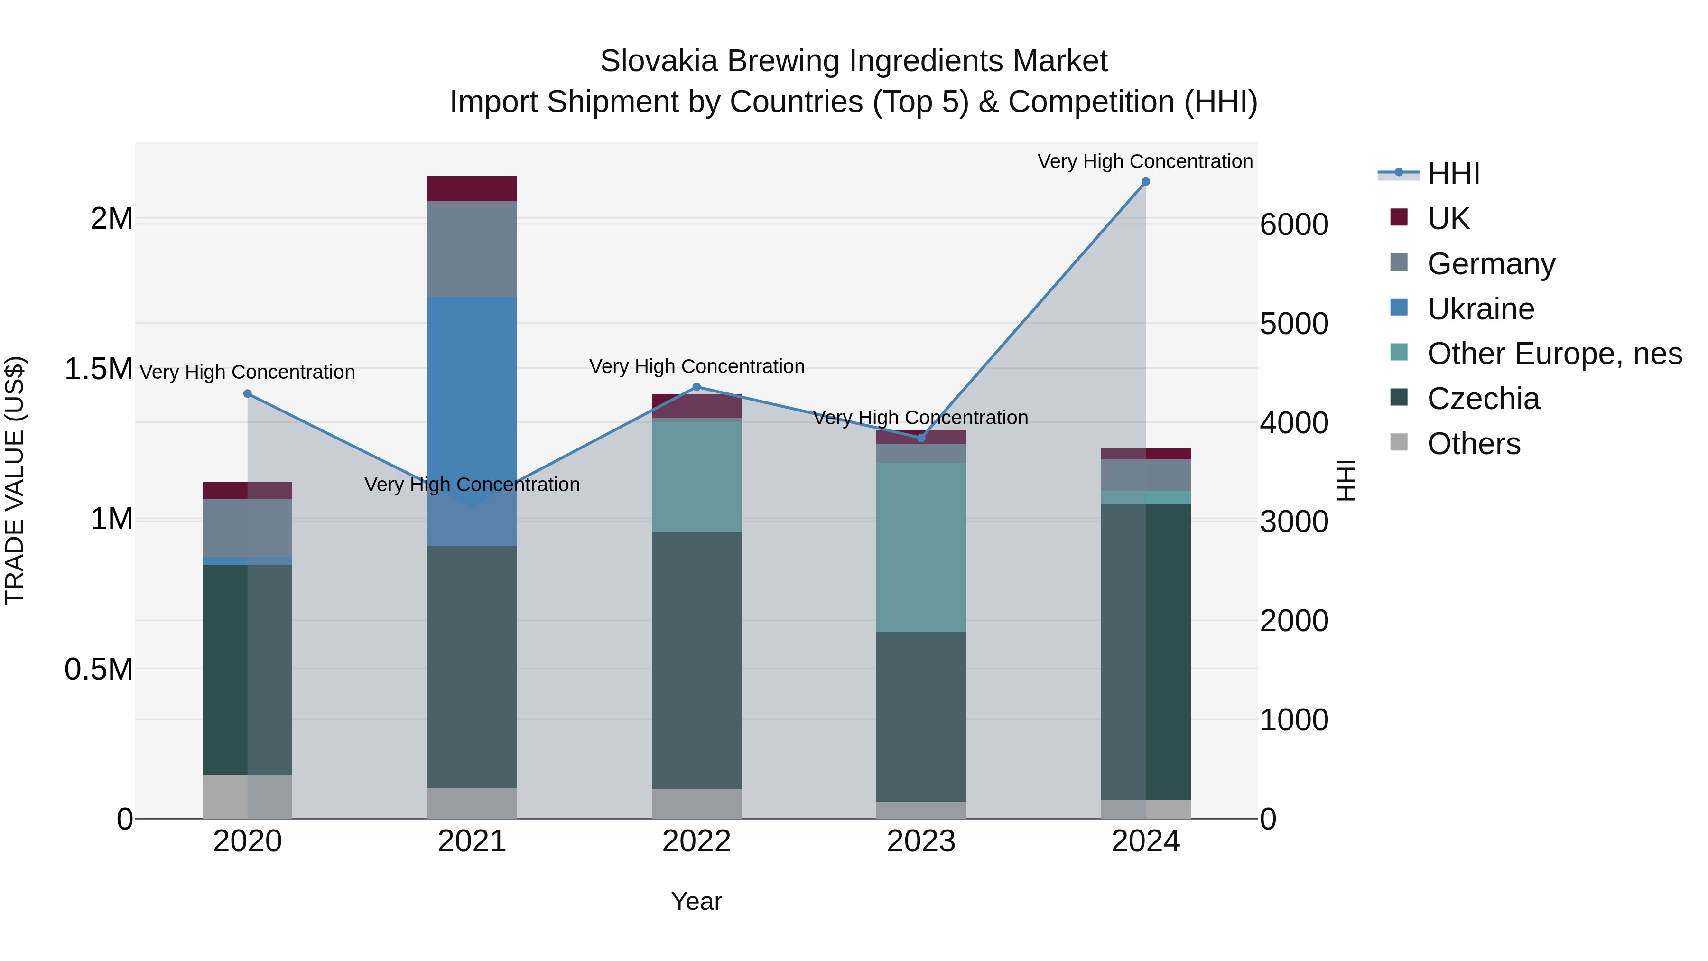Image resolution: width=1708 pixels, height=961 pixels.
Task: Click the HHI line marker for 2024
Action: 1145,182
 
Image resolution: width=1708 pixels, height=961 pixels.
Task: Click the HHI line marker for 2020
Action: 247,393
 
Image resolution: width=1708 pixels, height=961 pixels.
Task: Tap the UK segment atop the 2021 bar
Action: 472,188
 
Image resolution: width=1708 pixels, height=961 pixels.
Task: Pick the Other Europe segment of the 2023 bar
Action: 921,547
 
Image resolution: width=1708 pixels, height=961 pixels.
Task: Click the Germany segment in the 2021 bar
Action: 472,249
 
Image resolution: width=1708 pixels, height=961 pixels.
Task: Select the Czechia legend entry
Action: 1483,399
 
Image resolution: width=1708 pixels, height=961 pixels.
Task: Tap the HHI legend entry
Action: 1453,174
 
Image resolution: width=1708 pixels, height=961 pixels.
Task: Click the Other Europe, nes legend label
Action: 1554,354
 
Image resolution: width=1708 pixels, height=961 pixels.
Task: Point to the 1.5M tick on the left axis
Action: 98,369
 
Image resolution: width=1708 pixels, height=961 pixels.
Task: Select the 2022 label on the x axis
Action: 696,841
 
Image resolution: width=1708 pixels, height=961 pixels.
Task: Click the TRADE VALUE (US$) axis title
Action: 15,480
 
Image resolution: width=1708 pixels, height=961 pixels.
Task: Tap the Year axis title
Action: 696,901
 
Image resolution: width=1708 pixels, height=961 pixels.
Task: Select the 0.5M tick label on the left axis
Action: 98,669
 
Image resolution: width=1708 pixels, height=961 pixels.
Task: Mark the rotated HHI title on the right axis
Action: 1346,480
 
